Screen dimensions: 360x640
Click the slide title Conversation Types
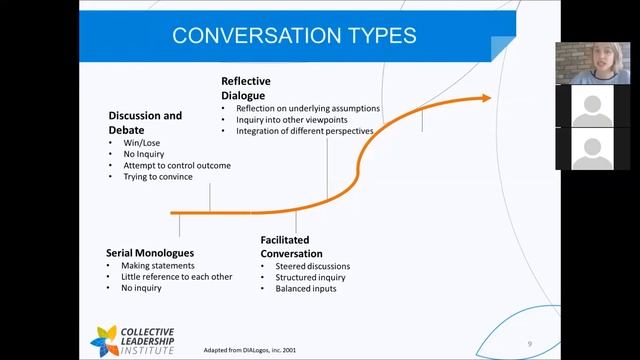coord(294,37)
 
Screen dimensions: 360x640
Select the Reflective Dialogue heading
coord(246,87)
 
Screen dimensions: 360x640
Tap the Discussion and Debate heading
coord(145,122)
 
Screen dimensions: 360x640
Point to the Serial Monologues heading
coord(150,252)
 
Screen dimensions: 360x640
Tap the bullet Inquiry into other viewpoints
coord(290,120)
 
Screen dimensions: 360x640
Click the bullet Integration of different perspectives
coord(304,132)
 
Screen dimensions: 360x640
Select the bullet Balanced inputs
coord(306,289)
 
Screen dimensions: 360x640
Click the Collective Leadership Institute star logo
coord(104,339)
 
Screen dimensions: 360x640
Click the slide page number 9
coord(528,344)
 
